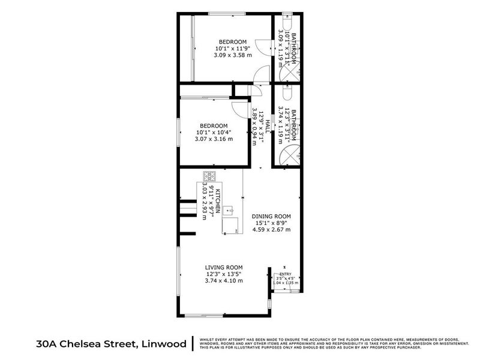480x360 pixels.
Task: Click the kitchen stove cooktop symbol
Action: (210, 176)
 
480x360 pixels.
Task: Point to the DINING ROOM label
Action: (271, 215)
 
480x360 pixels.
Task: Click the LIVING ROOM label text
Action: (223, 267)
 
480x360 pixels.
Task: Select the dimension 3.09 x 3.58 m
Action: (232, 55)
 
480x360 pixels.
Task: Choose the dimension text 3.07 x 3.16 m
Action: (213, 139)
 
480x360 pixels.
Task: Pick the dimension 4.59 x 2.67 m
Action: (271, 229)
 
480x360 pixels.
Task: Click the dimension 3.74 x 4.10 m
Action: (223, 280)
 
